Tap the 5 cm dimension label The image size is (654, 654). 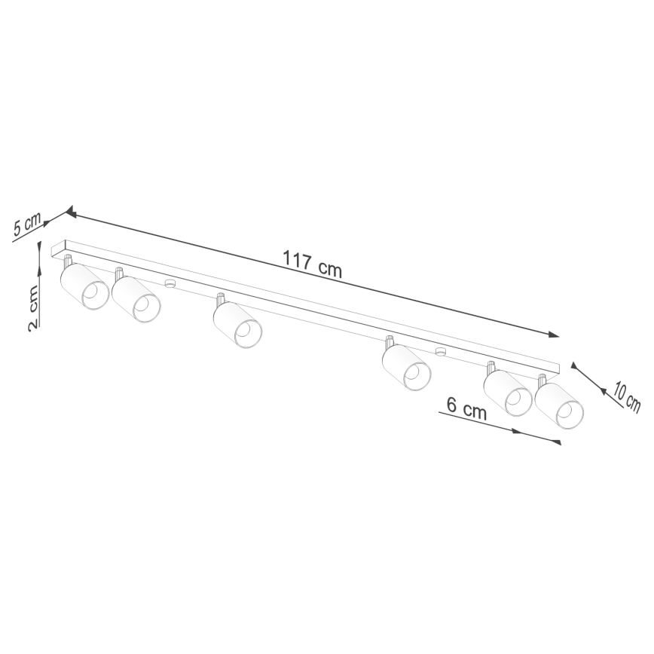(x=28, y=225)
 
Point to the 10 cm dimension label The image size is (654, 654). (x=627, y=396)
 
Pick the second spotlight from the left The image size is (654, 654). (x=136, y=299)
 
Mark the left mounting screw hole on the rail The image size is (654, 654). (x=170, y=284)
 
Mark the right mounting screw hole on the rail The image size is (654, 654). (x=440, y=351)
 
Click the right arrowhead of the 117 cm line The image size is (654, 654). (x=555, y=335)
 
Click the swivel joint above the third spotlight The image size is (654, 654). (x=221, y=298)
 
